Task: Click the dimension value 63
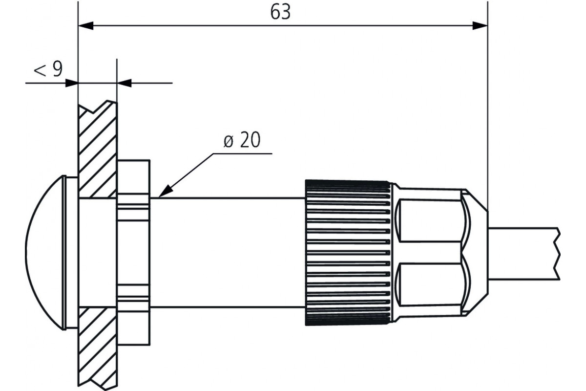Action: pos(280,12)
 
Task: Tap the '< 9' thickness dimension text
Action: pos(48,69)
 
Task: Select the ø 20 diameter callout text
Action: pos(242,140)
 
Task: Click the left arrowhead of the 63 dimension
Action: pos(86,26)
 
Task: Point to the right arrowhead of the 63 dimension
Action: pos(480,26)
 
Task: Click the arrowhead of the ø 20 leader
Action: pos(166,192)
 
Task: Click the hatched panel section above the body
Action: pos(98,149)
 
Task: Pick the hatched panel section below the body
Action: pos(98,348)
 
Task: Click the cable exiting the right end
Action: pos(523,254)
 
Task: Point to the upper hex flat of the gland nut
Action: pos(430,220)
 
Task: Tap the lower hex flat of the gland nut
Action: pos(430,285)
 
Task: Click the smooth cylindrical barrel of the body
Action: pos(228,253)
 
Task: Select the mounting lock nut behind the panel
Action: pos(134,253)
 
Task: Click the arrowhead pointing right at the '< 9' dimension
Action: pos(71,83)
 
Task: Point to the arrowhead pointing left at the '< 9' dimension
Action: pos(124,83)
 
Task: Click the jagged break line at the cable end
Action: pos(558,254)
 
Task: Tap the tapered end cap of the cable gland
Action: pos(475,253)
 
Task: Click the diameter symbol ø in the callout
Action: pos(228,142)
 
